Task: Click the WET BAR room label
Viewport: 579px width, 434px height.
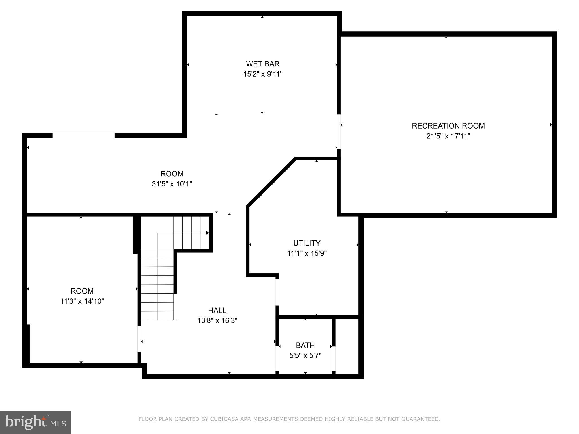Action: pyautogui.click(x=263, y=64)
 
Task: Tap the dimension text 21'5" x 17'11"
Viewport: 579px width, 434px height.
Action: pyautogui.click(x=448, y=136)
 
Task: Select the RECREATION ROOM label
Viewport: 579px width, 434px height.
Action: pyautogui.click(x=448, y=126)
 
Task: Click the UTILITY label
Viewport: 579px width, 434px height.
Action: pyautogui.click(x=307, y=243)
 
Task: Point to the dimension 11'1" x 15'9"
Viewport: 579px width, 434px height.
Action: pyautogui.click(x=307, y=253)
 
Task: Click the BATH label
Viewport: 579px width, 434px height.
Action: pyautogui.click(x=305, y=345)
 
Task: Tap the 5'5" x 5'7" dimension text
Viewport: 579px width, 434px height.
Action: pyautogui.click(x=305, y=355)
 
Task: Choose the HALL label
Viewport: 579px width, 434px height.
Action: pyautogui.click(x=217, y=311)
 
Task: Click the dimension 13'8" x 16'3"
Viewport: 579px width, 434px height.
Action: pyautogui.click(x=217, y=321)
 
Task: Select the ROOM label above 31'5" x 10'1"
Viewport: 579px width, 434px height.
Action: pyautogui.click(x=172, y=174)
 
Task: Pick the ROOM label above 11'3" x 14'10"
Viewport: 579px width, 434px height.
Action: pyautogui.click(x=82, y=291)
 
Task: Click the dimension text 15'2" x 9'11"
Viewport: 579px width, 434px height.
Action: pyautogui.click(x=263, y=74)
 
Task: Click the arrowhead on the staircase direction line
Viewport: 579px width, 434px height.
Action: pyautogui.click(x=207, y=233)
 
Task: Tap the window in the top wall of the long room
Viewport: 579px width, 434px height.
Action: pyautogui.click(x=84, y=136)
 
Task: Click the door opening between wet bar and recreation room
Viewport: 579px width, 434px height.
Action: pyautogui.click(x=338, y=132)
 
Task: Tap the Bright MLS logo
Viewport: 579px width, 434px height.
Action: pyautogui.click(x=35, y=422)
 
